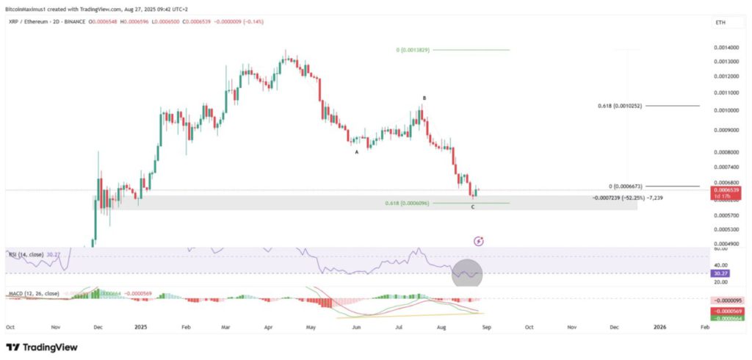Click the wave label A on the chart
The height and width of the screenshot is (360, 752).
[x=357, y=152]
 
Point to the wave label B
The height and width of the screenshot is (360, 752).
[x=424, y=98]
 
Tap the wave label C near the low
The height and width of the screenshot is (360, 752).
[x=473, y=206]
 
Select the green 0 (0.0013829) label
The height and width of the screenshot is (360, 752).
[x=412, y=50]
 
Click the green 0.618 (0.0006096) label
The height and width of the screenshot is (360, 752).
[x=407, y=203]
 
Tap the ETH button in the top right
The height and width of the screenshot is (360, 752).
[x=720, y=24]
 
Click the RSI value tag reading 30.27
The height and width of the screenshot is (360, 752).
[x=723, y=274]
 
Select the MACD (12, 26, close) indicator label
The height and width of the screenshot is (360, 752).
[x=34, y=294]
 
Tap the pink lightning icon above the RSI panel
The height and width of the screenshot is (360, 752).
[x=479, y=240]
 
